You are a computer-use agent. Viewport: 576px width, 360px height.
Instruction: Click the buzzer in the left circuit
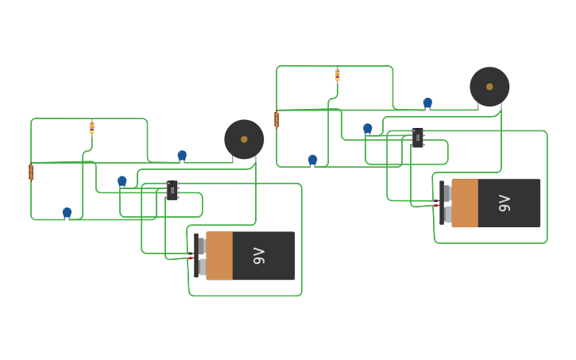pos(244,139)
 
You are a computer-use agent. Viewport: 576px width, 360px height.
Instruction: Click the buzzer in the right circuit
pos(489,87)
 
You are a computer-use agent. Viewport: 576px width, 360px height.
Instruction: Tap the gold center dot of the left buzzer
pos(244,139)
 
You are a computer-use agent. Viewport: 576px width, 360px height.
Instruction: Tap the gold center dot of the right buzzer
pos(489,87)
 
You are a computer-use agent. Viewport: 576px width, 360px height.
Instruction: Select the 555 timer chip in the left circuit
pos(172,190)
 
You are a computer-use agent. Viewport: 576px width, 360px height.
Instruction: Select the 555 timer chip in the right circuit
pos(418,137)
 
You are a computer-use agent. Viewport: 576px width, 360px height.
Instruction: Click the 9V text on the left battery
pos(259,256)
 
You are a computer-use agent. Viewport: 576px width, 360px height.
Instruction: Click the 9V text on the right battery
pos(504,203)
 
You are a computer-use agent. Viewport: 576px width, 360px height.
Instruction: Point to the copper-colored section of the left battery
pos(219,256)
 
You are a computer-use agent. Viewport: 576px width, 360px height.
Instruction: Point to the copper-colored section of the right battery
pos(465,203)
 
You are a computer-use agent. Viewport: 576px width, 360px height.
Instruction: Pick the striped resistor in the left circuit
pos(92,127)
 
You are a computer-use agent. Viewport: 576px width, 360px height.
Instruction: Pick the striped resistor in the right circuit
pos(338,75)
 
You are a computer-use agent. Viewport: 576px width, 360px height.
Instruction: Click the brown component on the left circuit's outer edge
pos(31,172)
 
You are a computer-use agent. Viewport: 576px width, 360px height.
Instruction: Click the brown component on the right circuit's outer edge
pos(276,119)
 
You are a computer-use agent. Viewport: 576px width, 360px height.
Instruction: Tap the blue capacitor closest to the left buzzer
pos(182,155)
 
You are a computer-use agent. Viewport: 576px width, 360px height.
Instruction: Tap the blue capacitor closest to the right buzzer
pos(427,103)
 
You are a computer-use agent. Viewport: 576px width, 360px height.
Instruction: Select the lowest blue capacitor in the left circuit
pos(67,212)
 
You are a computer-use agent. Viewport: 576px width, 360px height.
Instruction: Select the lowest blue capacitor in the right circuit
pos(312,160)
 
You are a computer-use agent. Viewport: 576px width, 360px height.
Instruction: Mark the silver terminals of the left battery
pos(202,256)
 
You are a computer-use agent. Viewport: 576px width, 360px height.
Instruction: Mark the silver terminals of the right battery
pos(447,203)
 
